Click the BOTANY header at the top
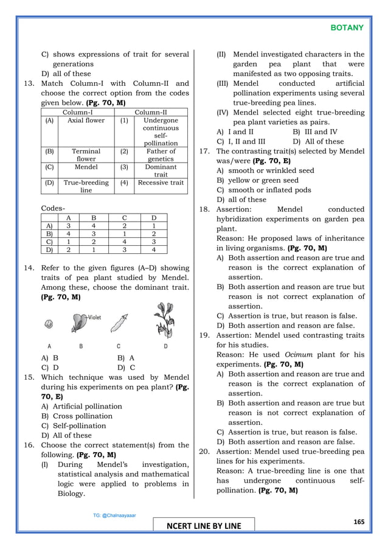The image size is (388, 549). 347,27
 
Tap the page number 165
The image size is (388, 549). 358,522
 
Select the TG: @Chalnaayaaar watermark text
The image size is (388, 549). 115,515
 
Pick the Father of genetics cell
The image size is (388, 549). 161,155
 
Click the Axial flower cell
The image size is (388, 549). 86,121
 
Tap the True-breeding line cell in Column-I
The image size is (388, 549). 86,186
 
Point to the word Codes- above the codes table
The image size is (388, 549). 54,209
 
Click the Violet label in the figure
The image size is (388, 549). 94,317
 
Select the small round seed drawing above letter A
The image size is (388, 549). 49,323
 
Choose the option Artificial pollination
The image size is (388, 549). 87,406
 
